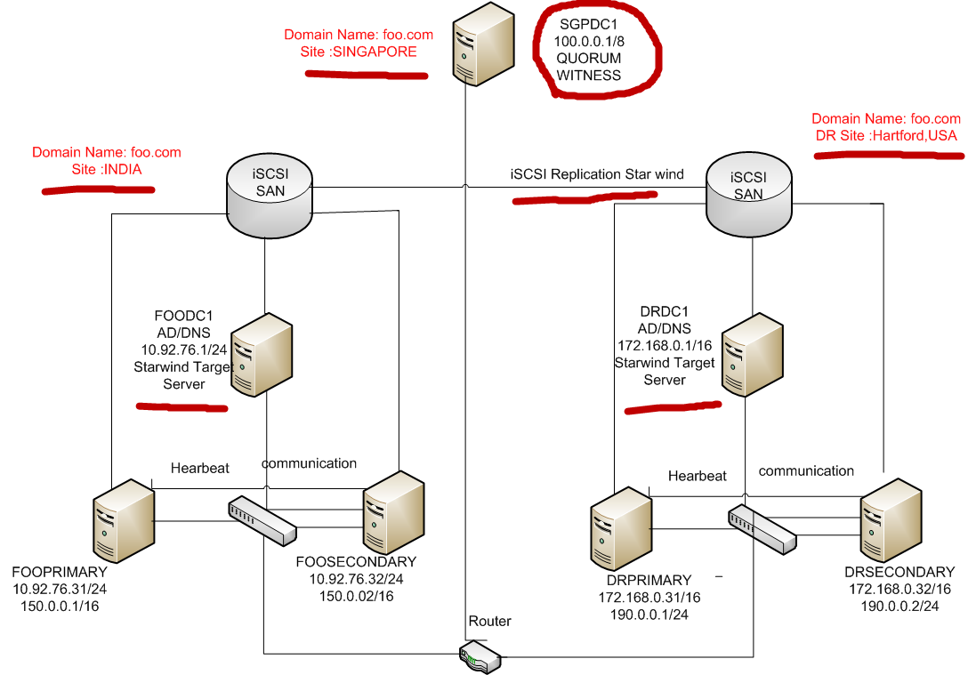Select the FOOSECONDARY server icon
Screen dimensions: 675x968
point(392,513)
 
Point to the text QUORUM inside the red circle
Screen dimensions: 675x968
point(589,59)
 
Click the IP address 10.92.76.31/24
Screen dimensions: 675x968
point(59,589)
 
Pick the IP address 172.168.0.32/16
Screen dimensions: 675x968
point(899,589)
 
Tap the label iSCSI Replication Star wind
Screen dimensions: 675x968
point(597,174)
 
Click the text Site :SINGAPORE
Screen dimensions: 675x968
point(359,52)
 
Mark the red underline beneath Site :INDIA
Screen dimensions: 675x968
point(98,189)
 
